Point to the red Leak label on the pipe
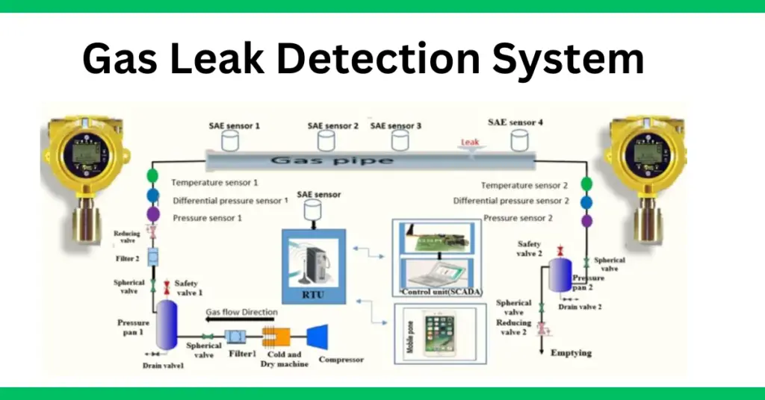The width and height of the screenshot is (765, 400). (x=468, y=141)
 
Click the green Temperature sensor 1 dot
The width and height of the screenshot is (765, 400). (x=152, y=178)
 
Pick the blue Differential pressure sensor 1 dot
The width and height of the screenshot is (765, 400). (x=152, y=196)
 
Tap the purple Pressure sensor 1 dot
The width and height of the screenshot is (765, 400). (x=152, y=214)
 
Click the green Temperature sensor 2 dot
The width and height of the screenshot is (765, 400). (x=586, y=184)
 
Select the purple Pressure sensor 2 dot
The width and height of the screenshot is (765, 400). (x=586, y=221)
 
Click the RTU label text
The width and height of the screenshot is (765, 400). (x=314, y=294)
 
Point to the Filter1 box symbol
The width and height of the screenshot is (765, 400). (x=237, y=337)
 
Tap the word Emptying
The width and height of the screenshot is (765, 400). (x=572, y=352)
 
